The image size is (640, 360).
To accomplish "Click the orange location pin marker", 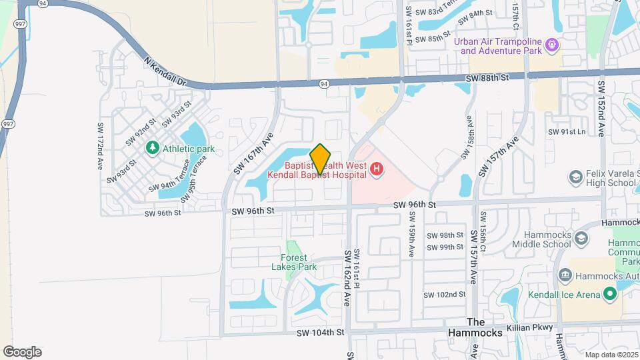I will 321,159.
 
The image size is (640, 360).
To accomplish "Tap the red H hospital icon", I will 377,170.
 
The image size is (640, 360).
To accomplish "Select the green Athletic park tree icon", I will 153,148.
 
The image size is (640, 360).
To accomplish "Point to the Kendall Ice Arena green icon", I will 609,294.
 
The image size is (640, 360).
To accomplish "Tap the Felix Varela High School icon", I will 575,177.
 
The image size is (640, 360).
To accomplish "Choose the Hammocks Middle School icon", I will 581,239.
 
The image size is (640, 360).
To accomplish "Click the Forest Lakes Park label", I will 294,262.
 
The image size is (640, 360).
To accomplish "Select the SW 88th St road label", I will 487,78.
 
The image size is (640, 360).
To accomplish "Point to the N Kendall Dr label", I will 167,71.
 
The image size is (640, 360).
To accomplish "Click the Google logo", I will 22,351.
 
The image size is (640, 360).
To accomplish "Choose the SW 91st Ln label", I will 566,132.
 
